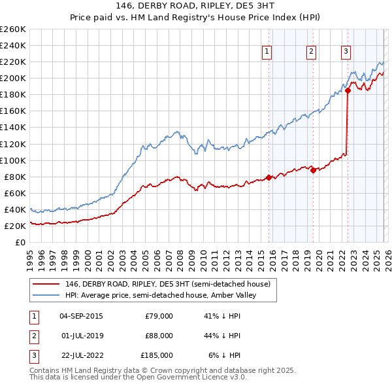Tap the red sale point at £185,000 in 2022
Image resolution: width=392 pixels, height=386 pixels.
pos(348,91)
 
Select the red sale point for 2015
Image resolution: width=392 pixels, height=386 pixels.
pos(269,177)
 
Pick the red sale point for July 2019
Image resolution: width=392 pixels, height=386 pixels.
pos(313,170)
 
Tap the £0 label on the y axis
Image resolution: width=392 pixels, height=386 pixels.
pos(20,242)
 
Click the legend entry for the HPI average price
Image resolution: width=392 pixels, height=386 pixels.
pos(161,295)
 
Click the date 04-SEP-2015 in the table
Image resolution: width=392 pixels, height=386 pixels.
pos(81,316)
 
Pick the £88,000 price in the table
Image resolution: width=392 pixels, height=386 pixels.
pos(159,336)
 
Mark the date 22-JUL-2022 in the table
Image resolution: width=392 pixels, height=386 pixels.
pos(80,355)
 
